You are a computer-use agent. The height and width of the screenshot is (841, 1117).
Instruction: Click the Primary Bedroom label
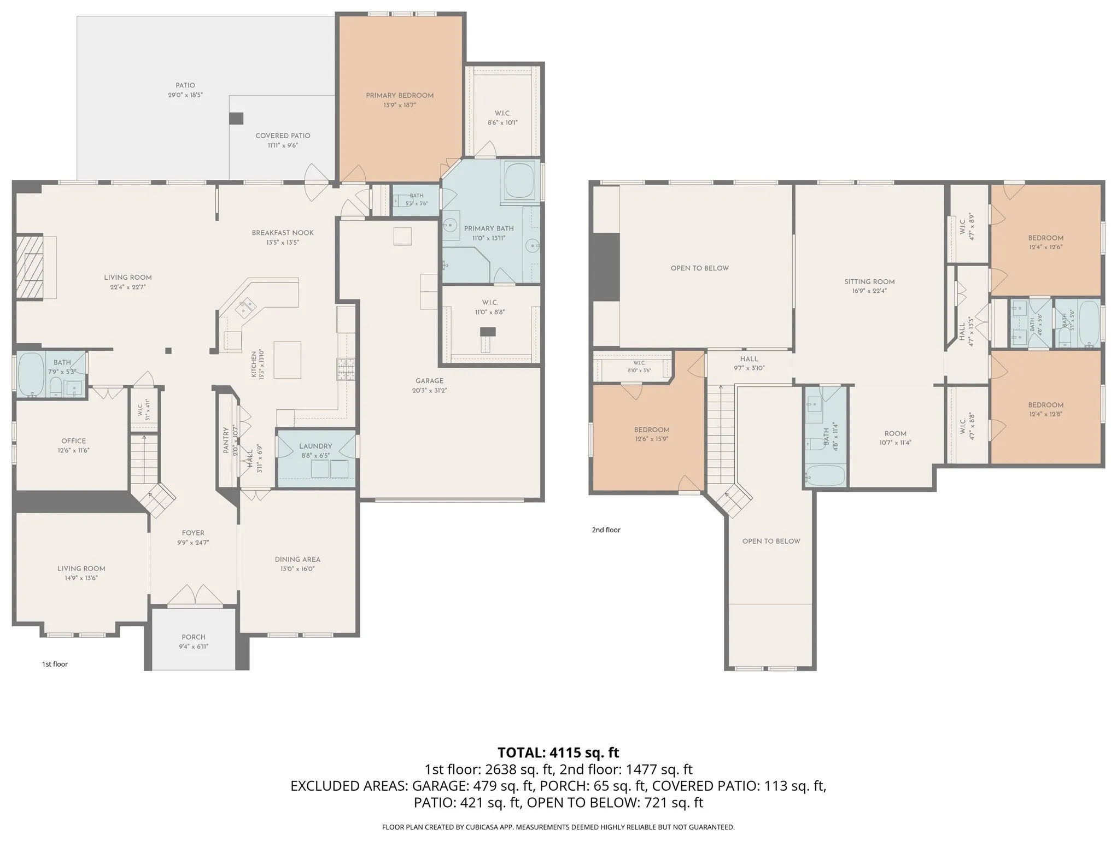coord(400,96)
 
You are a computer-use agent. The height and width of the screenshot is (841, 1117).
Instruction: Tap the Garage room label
coord(429,381)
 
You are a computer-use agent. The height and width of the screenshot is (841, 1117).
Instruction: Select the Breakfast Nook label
coord(283,233)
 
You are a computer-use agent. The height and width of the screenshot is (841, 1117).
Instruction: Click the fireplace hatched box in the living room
coord(30,267)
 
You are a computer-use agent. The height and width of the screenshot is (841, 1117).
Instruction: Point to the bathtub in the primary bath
coord(519,180)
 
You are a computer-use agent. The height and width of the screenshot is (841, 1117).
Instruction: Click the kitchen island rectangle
coord(287,360)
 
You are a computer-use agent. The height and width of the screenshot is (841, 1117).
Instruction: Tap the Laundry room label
coord(315,446)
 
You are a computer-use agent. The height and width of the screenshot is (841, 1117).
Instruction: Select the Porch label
coord(194,637)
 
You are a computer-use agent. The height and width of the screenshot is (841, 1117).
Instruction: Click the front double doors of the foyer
coord(194,596)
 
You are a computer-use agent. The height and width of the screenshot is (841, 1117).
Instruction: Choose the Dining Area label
coord(297,559)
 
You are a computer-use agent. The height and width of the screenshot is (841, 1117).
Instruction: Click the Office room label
coord(73,441)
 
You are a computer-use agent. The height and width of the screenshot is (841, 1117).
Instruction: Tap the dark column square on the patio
coord(236,118)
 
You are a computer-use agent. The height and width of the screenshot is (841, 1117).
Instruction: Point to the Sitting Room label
coord(869,282)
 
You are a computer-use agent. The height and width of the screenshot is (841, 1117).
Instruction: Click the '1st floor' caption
coord(55,664)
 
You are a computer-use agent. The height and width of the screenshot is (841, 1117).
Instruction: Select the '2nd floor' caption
coord(606,530)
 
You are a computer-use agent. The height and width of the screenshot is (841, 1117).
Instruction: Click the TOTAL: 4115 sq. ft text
coord(558,752)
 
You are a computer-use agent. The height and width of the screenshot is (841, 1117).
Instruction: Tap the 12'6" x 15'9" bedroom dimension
coord(652,439)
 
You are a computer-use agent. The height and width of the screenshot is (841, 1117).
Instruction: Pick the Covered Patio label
coord(283,136)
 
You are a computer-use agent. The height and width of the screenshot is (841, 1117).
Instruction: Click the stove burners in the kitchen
coord(346,369)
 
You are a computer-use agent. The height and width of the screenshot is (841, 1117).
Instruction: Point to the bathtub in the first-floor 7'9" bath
coord(31,374)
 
